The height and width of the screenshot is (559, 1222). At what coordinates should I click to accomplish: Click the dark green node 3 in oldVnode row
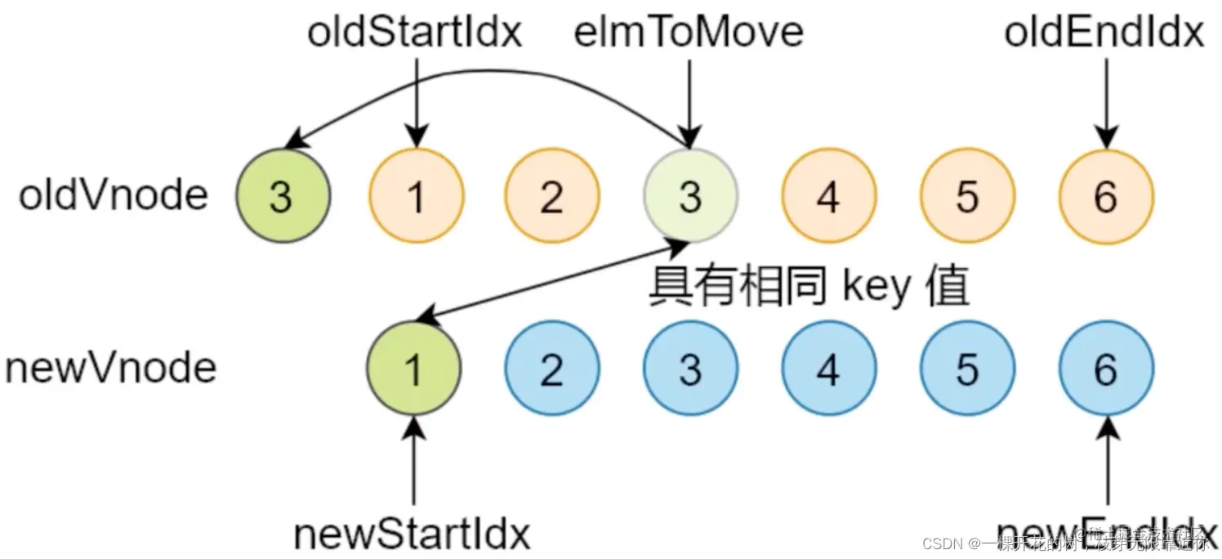tap(283, 196)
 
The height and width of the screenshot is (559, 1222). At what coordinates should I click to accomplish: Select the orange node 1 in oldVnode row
tap(417, 196)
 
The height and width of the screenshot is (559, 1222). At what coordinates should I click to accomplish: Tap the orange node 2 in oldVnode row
tap(551, 196)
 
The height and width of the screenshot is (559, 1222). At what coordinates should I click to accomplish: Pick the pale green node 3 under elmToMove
tap(690, 196)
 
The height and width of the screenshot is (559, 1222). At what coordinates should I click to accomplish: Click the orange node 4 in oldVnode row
tap(828, 196)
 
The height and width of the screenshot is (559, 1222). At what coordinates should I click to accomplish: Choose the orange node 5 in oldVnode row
tap(967, 196)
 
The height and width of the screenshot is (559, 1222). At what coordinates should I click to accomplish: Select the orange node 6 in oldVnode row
tap(1106, 196)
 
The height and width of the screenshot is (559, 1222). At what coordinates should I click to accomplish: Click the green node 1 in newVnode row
tap(414, 369)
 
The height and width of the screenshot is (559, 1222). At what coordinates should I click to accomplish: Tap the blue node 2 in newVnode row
tap(551, 369)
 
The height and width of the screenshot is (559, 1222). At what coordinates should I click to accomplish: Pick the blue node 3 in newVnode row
tap(690, 369)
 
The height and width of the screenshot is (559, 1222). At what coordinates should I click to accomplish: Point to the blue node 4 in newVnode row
tap(828, 369)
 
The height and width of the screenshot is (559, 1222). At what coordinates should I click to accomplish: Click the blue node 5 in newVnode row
tap(967, 369)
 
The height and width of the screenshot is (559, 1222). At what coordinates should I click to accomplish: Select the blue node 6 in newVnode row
tap(1106, 369)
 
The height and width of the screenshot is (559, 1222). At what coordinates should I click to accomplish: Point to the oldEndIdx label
tap(1104, 33)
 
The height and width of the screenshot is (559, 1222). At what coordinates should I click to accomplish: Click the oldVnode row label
tap(114, 196)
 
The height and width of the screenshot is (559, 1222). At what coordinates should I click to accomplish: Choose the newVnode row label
tap(110, 369)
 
